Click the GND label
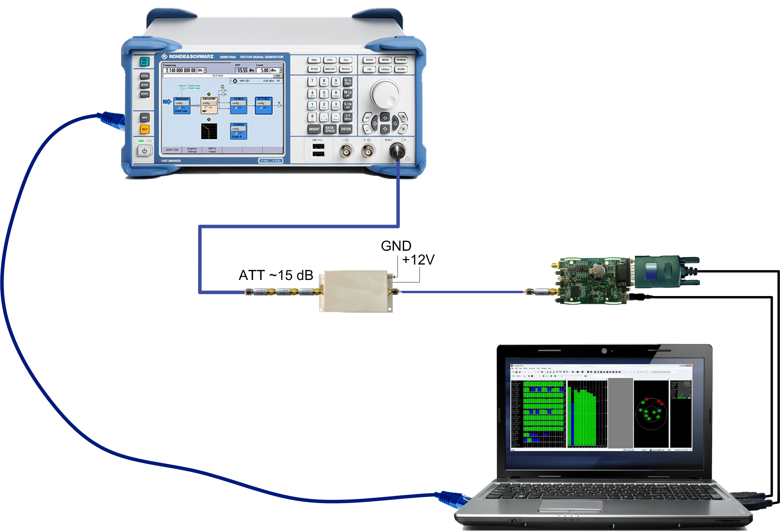[x=396, y=246]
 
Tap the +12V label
[x=418, y=260]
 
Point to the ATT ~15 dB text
[x=276, y=275]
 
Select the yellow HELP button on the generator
[x=144, y=129]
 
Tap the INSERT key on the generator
[x=314, y=129]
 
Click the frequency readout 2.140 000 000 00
[x=181, y=71]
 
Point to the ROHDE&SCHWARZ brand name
[x=191, y=57]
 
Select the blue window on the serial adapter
[x=651, y=272]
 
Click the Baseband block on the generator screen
[x=182, y=105]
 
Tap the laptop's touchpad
[x=570, y=506]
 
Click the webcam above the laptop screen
[x=604, y=351]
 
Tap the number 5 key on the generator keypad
[x=324, y=93]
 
